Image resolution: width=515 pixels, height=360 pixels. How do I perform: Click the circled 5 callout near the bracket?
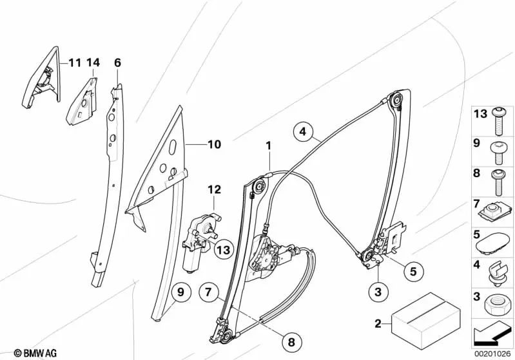point(413,271)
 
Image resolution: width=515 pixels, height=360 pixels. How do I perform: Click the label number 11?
point(75,62)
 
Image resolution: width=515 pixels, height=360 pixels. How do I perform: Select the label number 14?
point(94,62)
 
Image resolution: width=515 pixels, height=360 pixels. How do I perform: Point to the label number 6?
point(117,62)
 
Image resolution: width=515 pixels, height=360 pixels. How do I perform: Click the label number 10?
point(214,145)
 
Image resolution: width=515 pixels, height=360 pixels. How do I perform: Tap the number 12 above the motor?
point(214,190)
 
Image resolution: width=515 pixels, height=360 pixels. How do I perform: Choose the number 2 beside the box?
point(379,323)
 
